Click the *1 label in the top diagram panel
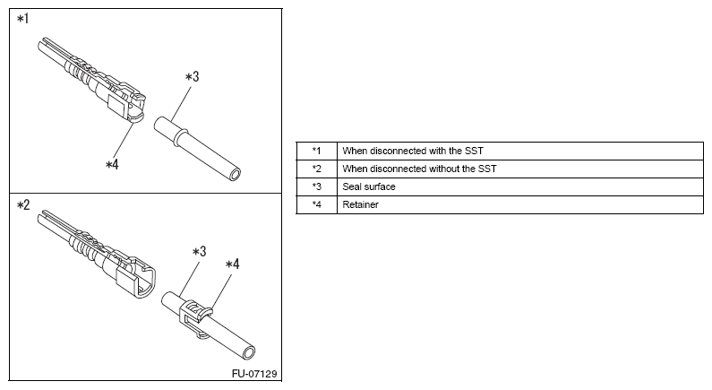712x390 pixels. tap(22, 18)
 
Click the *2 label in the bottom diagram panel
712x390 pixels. tap(23, 205)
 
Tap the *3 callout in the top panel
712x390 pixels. tap(192, 77)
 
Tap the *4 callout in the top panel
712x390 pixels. tap(112, 164)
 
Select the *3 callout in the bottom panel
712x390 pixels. tap(200, 252)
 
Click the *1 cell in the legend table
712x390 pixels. tap(316, 151)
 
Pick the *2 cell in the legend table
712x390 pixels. tap(316, 169)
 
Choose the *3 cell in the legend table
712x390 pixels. tap(316, 186)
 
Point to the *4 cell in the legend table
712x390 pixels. tap(316, 205)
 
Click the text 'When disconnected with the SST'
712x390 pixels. tap(413, 151)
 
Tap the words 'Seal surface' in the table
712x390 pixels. tap(369, 186)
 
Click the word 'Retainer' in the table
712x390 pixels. tap(360, 205)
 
